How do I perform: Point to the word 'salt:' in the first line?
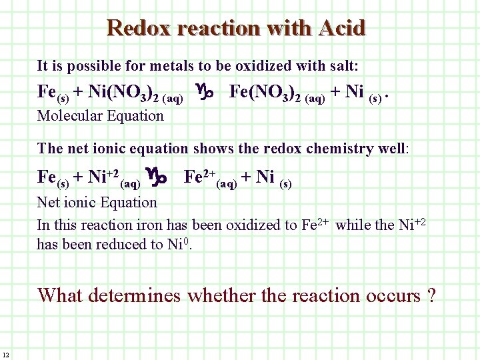[344, 66]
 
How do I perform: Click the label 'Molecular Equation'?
[101, 115]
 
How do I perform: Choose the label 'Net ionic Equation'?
[97, 202]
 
